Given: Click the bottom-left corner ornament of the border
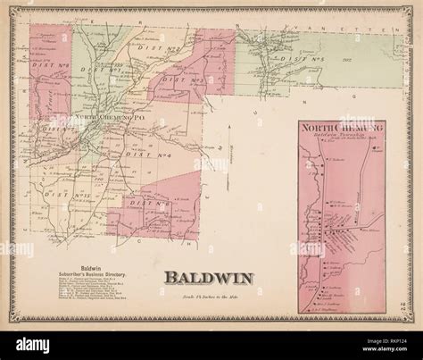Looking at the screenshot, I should pyautogui.click(x=16, y=321).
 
